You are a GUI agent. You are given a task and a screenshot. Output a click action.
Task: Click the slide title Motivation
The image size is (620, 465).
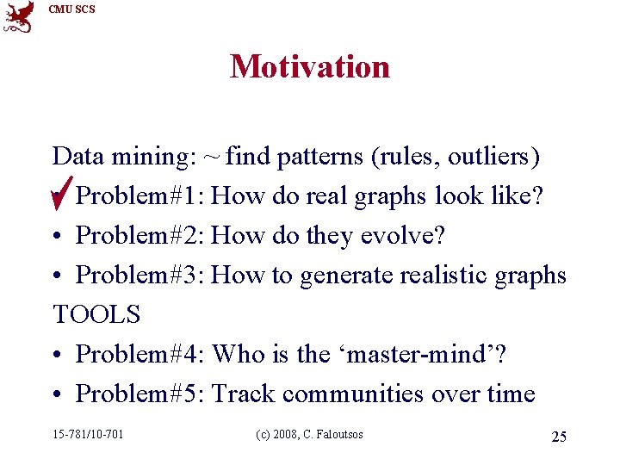point(309,67)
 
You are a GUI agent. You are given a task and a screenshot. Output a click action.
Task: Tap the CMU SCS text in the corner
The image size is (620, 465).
point(72,9)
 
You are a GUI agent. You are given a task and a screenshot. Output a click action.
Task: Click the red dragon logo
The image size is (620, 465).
point(19,17)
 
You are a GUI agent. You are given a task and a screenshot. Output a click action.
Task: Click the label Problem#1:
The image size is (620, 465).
point(141,196)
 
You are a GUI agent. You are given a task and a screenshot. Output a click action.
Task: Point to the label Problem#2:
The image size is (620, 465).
point(141,236)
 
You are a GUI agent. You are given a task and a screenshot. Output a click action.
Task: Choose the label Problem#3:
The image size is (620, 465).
point(141,276)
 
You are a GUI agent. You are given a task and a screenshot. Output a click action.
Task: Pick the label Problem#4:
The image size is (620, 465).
point(141,354)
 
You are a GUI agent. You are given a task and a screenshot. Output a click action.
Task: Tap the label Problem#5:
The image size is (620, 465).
point(141,394)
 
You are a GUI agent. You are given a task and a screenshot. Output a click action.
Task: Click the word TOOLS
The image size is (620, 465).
point(96,315)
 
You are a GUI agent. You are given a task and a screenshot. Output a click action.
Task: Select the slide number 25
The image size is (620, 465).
point(558,437)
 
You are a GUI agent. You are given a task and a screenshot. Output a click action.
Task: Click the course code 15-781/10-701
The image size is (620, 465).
point(88,434)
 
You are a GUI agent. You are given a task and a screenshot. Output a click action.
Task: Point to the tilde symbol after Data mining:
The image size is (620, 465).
point(213,158)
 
